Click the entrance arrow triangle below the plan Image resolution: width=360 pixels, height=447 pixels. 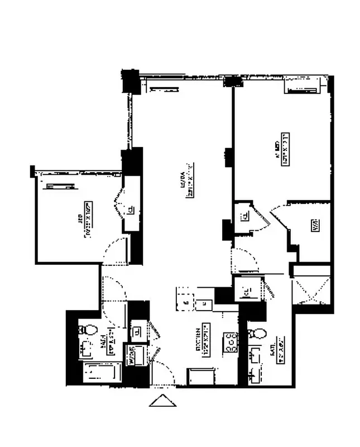point(163,401)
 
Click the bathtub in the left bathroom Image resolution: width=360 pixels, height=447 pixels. point(101,372)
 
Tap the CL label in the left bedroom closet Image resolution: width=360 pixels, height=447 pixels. point(129,210)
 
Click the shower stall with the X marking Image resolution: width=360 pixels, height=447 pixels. point(311,290)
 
